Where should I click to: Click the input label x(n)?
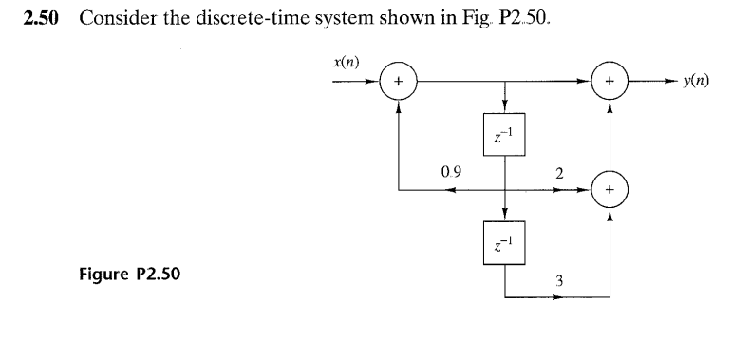click(343, 63)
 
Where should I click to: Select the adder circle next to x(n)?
click(399, 83)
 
